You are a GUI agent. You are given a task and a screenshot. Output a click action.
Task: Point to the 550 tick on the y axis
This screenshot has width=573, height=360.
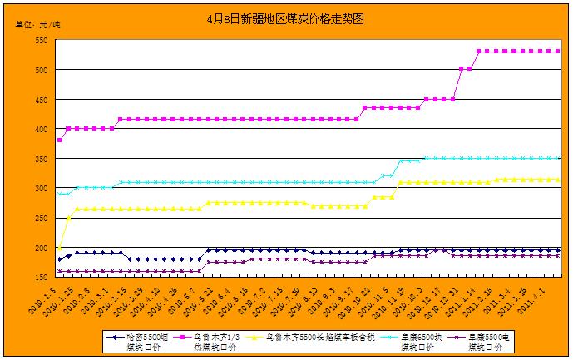point(39,41)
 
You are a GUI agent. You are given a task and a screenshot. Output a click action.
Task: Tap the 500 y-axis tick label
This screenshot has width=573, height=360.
point(39,71)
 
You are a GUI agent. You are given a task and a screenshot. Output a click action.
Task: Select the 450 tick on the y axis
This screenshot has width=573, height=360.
point(39,100)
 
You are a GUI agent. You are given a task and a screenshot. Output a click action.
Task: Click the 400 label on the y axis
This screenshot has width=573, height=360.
point(39,130)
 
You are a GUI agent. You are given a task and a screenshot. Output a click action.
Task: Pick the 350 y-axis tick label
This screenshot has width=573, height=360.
point(39,160)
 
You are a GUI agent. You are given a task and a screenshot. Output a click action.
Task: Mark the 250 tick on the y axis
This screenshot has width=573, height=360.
point(39,219)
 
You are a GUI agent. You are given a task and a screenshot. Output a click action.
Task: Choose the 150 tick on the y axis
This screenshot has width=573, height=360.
point(39,278)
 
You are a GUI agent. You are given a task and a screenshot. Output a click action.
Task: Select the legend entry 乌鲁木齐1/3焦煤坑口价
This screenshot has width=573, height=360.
point(213,342)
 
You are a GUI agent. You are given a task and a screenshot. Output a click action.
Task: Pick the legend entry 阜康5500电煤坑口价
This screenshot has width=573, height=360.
point(487,342)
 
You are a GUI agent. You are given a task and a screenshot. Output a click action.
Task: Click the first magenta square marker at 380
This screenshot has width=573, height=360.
point(60,141)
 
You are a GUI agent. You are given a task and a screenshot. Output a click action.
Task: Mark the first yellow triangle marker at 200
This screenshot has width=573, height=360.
point(60,247)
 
